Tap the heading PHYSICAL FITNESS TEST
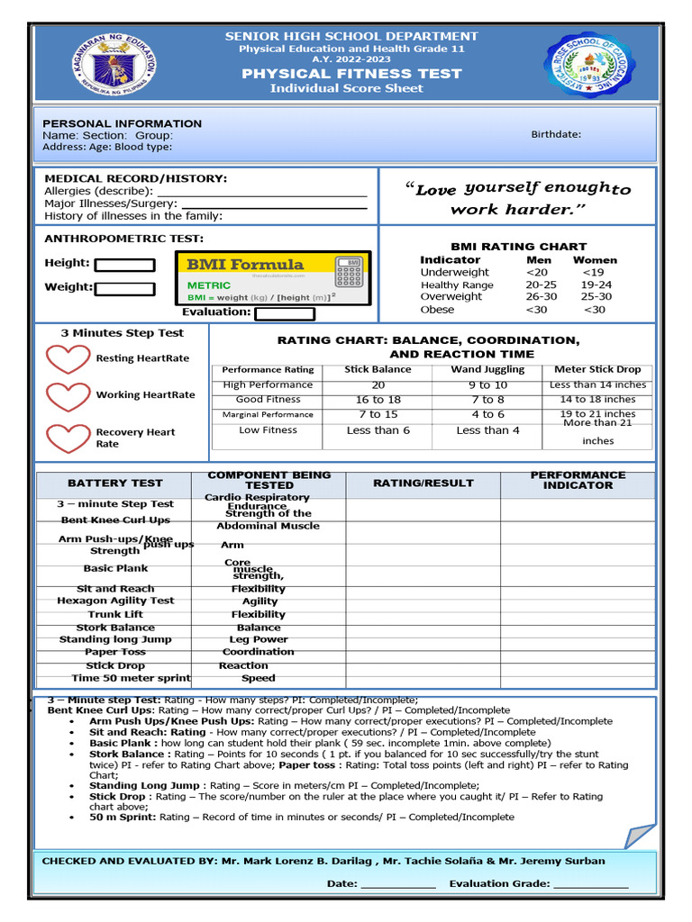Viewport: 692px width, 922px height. click(351, 74)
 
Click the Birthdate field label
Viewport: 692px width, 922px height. click(556, 134)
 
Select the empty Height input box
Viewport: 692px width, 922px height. click(124, 265)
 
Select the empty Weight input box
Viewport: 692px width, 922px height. click(124, 288)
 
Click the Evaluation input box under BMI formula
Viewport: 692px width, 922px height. click(285, 313)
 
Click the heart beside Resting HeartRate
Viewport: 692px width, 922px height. click(68, 359)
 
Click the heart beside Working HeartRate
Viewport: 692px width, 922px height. click(68, 396)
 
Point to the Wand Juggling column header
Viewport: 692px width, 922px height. click(487, 369)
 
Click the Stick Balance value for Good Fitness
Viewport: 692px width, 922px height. click(378, 400)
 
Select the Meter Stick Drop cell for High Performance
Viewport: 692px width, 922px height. click(597, 384)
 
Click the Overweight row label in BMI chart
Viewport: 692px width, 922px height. click(451, 296)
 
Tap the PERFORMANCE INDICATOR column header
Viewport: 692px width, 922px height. click(578, 480)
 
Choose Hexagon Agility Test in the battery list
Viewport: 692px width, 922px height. click(115, 601)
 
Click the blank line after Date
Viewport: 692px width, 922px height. click(397, 884)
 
